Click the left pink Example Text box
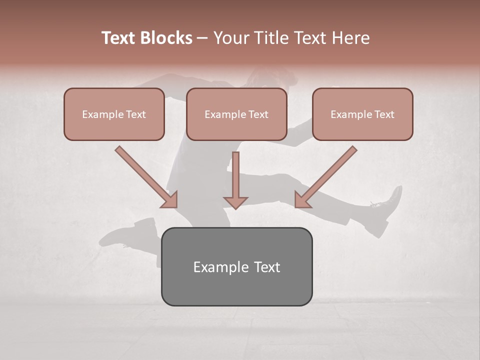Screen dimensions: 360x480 (114, 114)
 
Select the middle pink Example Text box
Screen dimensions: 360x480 (236, 114)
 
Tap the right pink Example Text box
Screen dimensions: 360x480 (362, 114)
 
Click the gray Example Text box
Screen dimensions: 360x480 (236, 266)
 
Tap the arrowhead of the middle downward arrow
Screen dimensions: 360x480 (235, 202)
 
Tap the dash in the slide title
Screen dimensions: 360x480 (202, 38)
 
